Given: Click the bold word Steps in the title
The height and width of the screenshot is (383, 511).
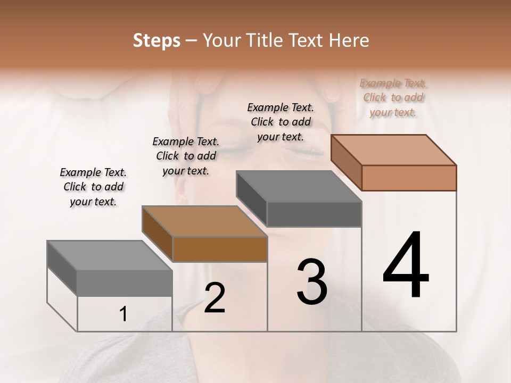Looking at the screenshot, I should click(x=156, y=40).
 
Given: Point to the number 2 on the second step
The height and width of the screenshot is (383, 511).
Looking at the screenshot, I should click(x=215, y=298).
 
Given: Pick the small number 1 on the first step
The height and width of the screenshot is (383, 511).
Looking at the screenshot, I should click(x=123, y=314).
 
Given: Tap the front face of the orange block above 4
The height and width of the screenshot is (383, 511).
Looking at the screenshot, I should click(x=409, y=178).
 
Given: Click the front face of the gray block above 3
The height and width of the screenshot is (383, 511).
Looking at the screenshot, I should click(x=314, y=214).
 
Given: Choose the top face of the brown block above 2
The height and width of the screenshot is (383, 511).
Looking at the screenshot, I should click(x=204, y=221).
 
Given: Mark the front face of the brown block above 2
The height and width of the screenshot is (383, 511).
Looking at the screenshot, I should click(x=219, y=249).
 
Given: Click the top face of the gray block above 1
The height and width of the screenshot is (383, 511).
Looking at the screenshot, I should click(x=110, y=255).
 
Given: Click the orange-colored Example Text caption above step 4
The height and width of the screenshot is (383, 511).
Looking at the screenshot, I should click(x=393, y=97).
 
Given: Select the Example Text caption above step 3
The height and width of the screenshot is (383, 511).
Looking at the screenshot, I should click(x=281, y=122).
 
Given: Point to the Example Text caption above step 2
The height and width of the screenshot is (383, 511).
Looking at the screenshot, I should click(x=186, y=156).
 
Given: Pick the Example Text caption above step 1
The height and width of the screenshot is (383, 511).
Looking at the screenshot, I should click(x=93, y=187).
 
